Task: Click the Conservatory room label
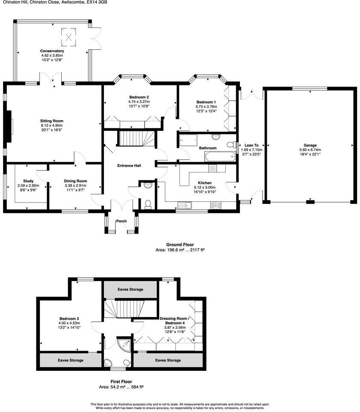click(52, 51)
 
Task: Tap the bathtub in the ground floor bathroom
click(220, 157)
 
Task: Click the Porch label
click(121, 221)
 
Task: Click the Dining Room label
click(76, 181)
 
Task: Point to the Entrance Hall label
click(130, 165)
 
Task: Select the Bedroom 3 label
click(69, 318)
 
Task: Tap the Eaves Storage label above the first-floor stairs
click(130, 290)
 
